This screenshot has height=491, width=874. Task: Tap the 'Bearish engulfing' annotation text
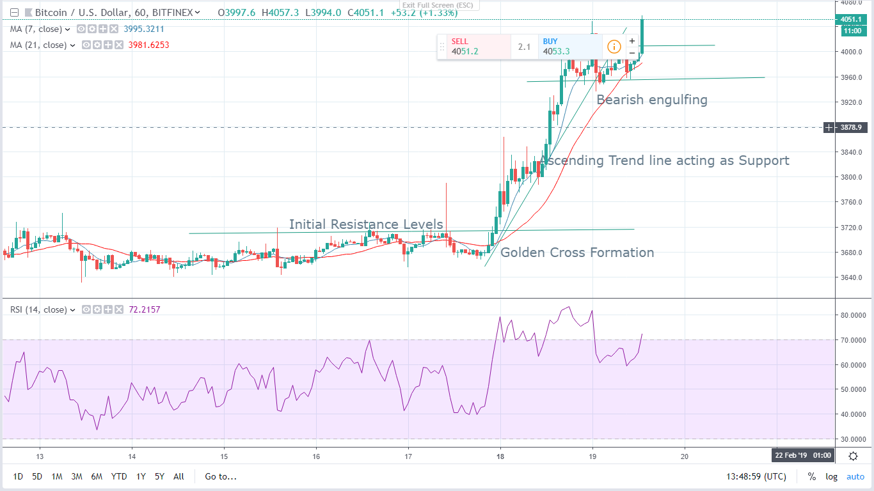(x=652, y=100)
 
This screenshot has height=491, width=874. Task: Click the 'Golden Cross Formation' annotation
(x=577, y=253)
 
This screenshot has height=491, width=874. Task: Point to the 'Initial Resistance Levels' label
(x=366, y=224)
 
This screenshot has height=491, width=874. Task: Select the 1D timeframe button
(x=19, y=476)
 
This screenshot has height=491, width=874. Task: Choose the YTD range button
(x=118, y=476)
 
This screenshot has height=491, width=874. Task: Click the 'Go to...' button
(x=221, y=476)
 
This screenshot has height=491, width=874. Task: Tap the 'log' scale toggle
(x=831, y=476)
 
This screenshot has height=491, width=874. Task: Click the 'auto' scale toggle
(x=855, y=476)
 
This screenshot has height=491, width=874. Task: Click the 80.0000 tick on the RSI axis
(x=854, y=315)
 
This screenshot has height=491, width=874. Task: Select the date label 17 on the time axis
(x=408, y=457)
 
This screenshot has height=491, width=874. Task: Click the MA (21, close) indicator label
(x=39, y=45)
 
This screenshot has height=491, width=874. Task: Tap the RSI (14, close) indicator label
(x=39, y=309)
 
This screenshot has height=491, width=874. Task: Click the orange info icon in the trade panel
(x=614, y=47)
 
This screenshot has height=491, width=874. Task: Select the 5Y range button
(x=159, y=476)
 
